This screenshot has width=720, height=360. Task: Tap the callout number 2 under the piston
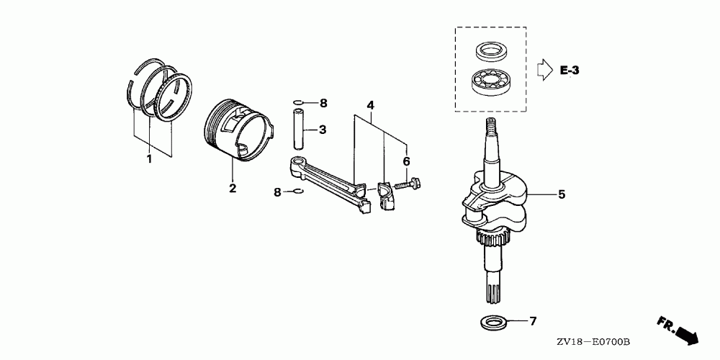click(233, 188)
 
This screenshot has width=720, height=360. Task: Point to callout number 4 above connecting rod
click(370, 105)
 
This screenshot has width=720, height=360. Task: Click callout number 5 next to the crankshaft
click(562, 194)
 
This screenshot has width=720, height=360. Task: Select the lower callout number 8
click(277, 192)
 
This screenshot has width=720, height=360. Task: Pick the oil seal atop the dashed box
click(490, 50)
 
